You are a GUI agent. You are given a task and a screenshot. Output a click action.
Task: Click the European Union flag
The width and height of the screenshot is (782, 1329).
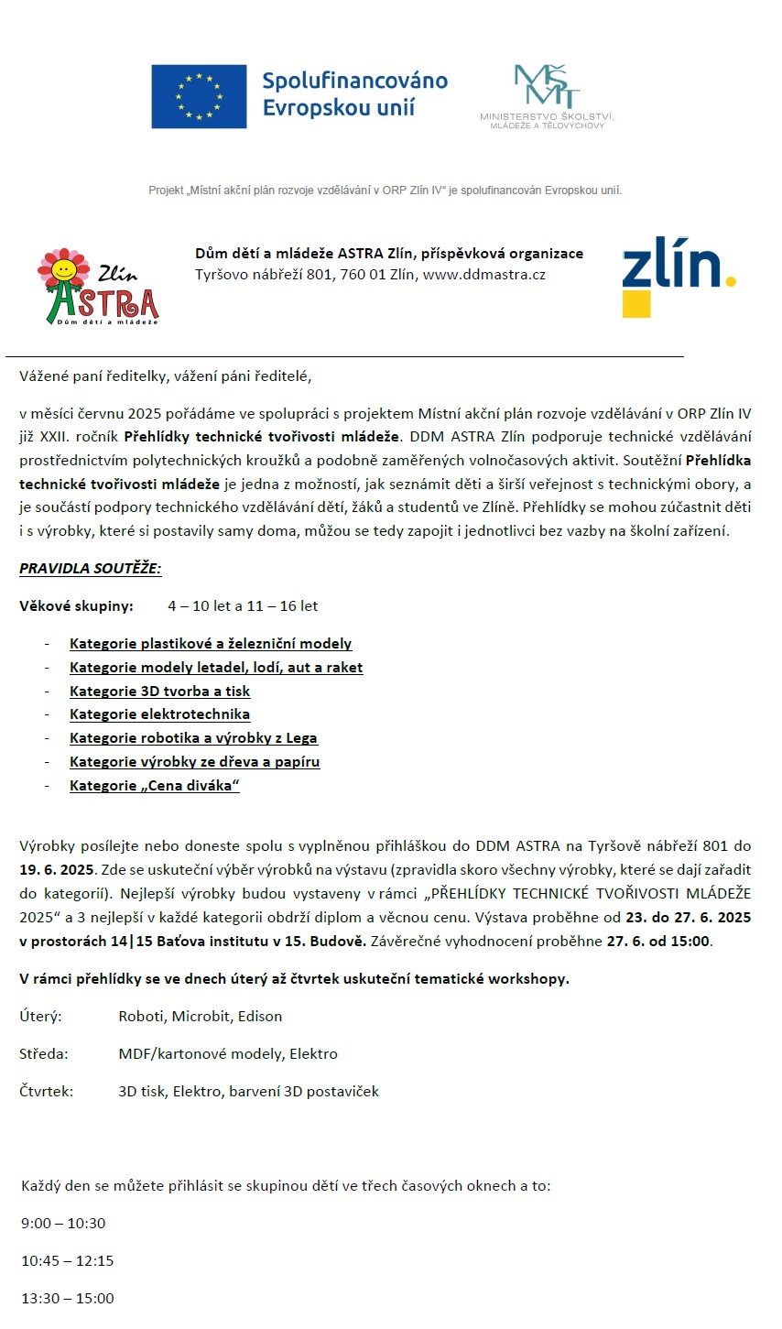(x=199, y=96)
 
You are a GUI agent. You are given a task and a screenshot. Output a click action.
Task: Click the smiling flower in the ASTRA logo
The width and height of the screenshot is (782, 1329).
(x=63, y=268)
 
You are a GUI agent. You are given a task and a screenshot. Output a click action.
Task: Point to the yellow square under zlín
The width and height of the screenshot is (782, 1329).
(x=636, y=304)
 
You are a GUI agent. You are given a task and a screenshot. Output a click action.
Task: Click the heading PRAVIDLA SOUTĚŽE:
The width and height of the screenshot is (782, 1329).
(x=90, y=568)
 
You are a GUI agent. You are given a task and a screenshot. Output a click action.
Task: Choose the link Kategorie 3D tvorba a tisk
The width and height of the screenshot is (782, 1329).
(x=159, y=691)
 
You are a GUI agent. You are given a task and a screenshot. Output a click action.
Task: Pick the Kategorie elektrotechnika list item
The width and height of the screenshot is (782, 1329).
(x=159, y=714)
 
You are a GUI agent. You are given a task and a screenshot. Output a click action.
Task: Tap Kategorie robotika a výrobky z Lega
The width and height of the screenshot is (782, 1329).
(x=193, y=737)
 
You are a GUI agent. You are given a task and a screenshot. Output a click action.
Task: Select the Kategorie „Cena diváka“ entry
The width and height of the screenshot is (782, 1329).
(x=154, y=785)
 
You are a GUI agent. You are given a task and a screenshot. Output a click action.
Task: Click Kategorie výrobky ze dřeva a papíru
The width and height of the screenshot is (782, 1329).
(x=194, y=761)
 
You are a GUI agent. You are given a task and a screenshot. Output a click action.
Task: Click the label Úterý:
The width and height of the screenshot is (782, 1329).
(x=40, y=1017)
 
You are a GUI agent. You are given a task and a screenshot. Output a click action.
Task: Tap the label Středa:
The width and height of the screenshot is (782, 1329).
(x=43, y=1054)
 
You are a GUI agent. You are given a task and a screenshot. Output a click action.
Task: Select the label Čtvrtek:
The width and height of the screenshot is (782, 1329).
(x=46, y=1092)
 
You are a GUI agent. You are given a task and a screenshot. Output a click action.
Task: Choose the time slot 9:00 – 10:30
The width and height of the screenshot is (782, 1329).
(x=63, y=1224)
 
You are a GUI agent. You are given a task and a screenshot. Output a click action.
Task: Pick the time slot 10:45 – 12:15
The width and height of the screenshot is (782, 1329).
(x=68, y=1261)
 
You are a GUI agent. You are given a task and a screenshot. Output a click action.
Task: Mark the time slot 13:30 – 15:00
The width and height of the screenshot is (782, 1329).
(x=68, y=1299)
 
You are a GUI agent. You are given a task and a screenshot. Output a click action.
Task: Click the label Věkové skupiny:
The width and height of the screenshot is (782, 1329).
(x=76, y=606)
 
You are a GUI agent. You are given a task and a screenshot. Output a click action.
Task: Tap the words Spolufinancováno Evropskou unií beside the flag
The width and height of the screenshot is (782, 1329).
(x=354, y=94)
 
